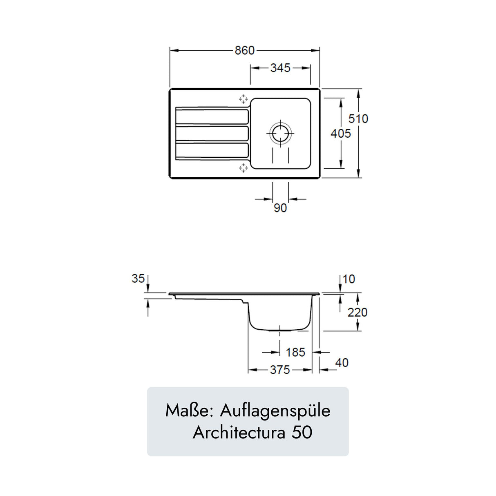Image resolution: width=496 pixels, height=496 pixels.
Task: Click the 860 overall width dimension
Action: tap(244, 50)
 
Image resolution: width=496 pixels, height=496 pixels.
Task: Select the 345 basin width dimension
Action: tap(280, 68)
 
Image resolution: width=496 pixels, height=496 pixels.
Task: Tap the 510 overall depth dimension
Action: tap(358, 118)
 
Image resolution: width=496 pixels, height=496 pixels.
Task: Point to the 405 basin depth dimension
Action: tap(341, 133)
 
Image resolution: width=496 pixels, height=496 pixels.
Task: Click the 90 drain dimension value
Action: tap(280, 208)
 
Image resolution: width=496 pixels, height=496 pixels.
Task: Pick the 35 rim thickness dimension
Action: tap(138, 278)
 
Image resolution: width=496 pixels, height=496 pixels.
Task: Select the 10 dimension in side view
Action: tap(349, 279)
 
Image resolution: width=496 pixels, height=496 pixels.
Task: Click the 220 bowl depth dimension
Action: tap(357, 312)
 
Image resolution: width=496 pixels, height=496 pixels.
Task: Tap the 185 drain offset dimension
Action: tap(295, 352)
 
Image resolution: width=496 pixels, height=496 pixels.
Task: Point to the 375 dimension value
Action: tap(280, 370)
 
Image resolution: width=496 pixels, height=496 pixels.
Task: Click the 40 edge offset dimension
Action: tap(342, 362)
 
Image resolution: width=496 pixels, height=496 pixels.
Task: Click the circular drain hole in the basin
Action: tap(280, 133)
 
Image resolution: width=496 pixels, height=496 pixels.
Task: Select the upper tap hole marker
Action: tap(243, 99)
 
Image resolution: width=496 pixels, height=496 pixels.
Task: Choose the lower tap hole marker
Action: tap(243, 168)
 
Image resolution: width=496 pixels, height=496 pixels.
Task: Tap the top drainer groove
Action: tap(212, 117)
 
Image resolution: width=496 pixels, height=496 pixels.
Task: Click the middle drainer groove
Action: tap(212, 134)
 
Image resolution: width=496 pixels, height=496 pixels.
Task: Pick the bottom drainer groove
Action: tap(212, 150)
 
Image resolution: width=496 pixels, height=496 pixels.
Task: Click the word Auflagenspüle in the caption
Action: tap(275, 410)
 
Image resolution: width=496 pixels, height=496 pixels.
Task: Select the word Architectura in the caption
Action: tap(239, 432)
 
